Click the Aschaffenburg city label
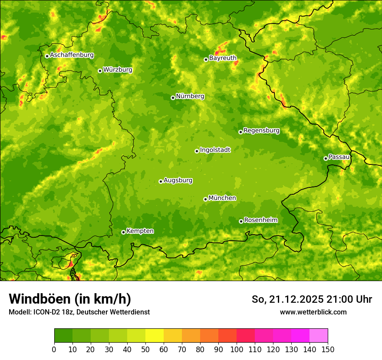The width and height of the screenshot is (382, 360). tap(72, 55)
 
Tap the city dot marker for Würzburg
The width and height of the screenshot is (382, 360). tap(100, 71)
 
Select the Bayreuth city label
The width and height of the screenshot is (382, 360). tap(223, 58)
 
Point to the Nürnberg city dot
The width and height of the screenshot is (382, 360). tap(173, 98)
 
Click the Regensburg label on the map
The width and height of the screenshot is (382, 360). tap(261, 131)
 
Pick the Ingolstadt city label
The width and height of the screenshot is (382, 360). tap(215, 150)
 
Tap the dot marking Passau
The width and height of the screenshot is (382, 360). tap(326, 158)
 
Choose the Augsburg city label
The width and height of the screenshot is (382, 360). tap(178, 180)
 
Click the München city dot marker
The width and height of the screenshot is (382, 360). tap(205, 200)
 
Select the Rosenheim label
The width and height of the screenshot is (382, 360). tap(260, 220)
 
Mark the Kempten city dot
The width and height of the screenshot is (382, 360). tap(123, 232)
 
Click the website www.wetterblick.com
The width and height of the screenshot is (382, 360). tap(313, 312)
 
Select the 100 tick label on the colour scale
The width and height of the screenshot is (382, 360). tap(237, 349)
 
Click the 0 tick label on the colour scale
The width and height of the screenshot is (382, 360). tap(54, 349)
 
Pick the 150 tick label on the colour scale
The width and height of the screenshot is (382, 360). tap(328, 349)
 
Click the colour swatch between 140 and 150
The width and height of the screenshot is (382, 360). tap(319, 336)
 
